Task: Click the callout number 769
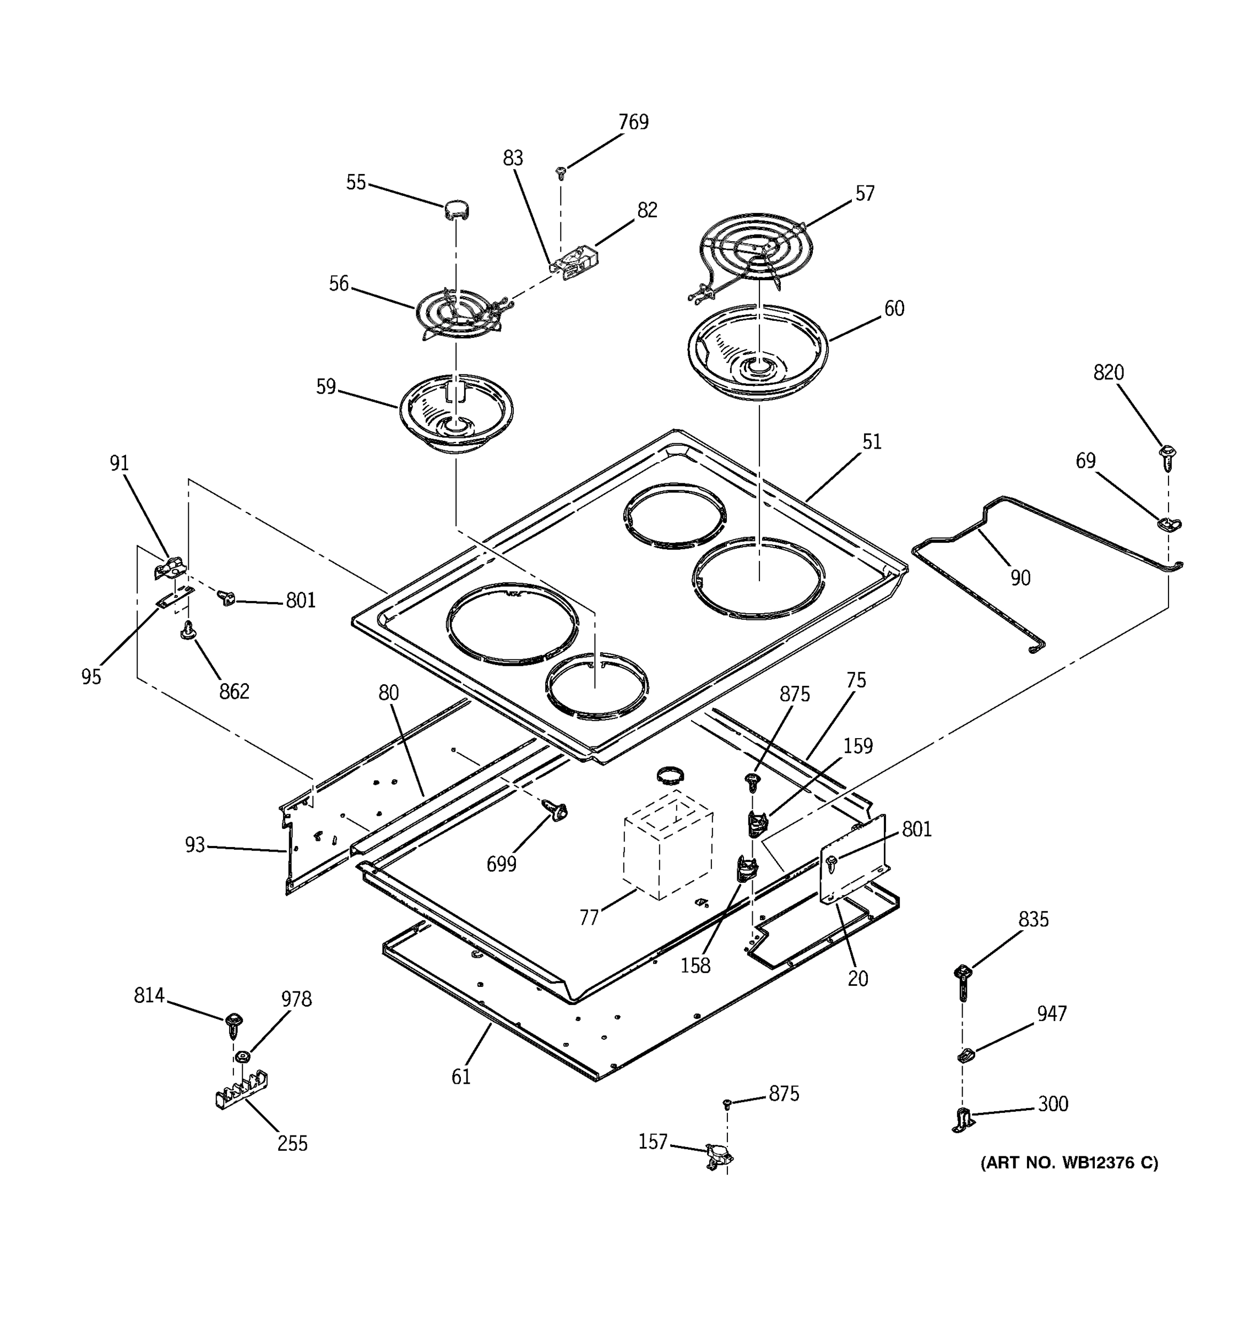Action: pos(633,122)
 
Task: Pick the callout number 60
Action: pos(894,308)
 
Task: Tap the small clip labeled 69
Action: pos(1169,523)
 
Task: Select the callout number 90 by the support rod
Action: pos(1020,578)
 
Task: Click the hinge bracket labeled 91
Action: pos(170,568)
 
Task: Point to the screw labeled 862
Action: pos(189,629)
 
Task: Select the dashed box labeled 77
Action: pos(667,844)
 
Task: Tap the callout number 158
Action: pos(695,965)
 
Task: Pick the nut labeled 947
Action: pos(965,1055)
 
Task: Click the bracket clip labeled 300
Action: pos(963,1120)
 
